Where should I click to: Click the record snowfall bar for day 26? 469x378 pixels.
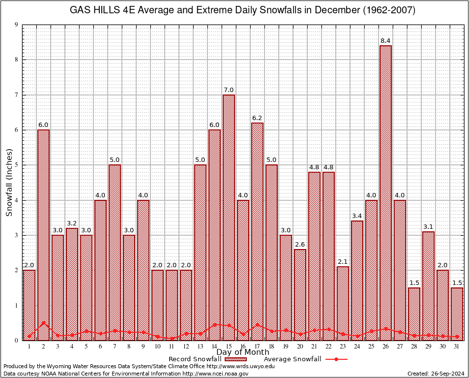coord(386,192)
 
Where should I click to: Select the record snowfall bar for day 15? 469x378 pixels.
coord(229,217)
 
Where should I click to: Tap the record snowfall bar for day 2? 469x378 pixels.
coord(43,234)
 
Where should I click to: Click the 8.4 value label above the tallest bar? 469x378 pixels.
coord(386,40)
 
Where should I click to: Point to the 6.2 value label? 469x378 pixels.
coord(257,118)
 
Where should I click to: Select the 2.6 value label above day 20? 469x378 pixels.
coord(300,244)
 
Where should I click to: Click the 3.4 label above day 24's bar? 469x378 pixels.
coord(357,216)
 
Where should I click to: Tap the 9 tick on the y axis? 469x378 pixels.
coord(16,25)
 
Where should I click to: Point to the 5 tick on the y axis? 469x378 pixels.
coord(16,165)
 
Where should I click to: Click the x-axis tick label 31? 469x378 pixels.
coord(457,346)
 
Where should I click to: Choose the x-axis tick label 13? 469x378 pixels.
coord(200,346)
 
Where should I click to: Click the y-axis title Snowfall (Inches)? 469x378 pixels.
coord(9,182)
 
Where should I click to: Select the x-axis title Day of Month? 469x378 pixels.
coord(243,352)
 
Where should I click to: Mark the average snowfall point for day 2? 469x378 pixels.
coord(43,323)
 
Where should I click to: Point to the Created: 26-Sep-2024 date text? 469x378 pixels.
coord(436,374)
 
